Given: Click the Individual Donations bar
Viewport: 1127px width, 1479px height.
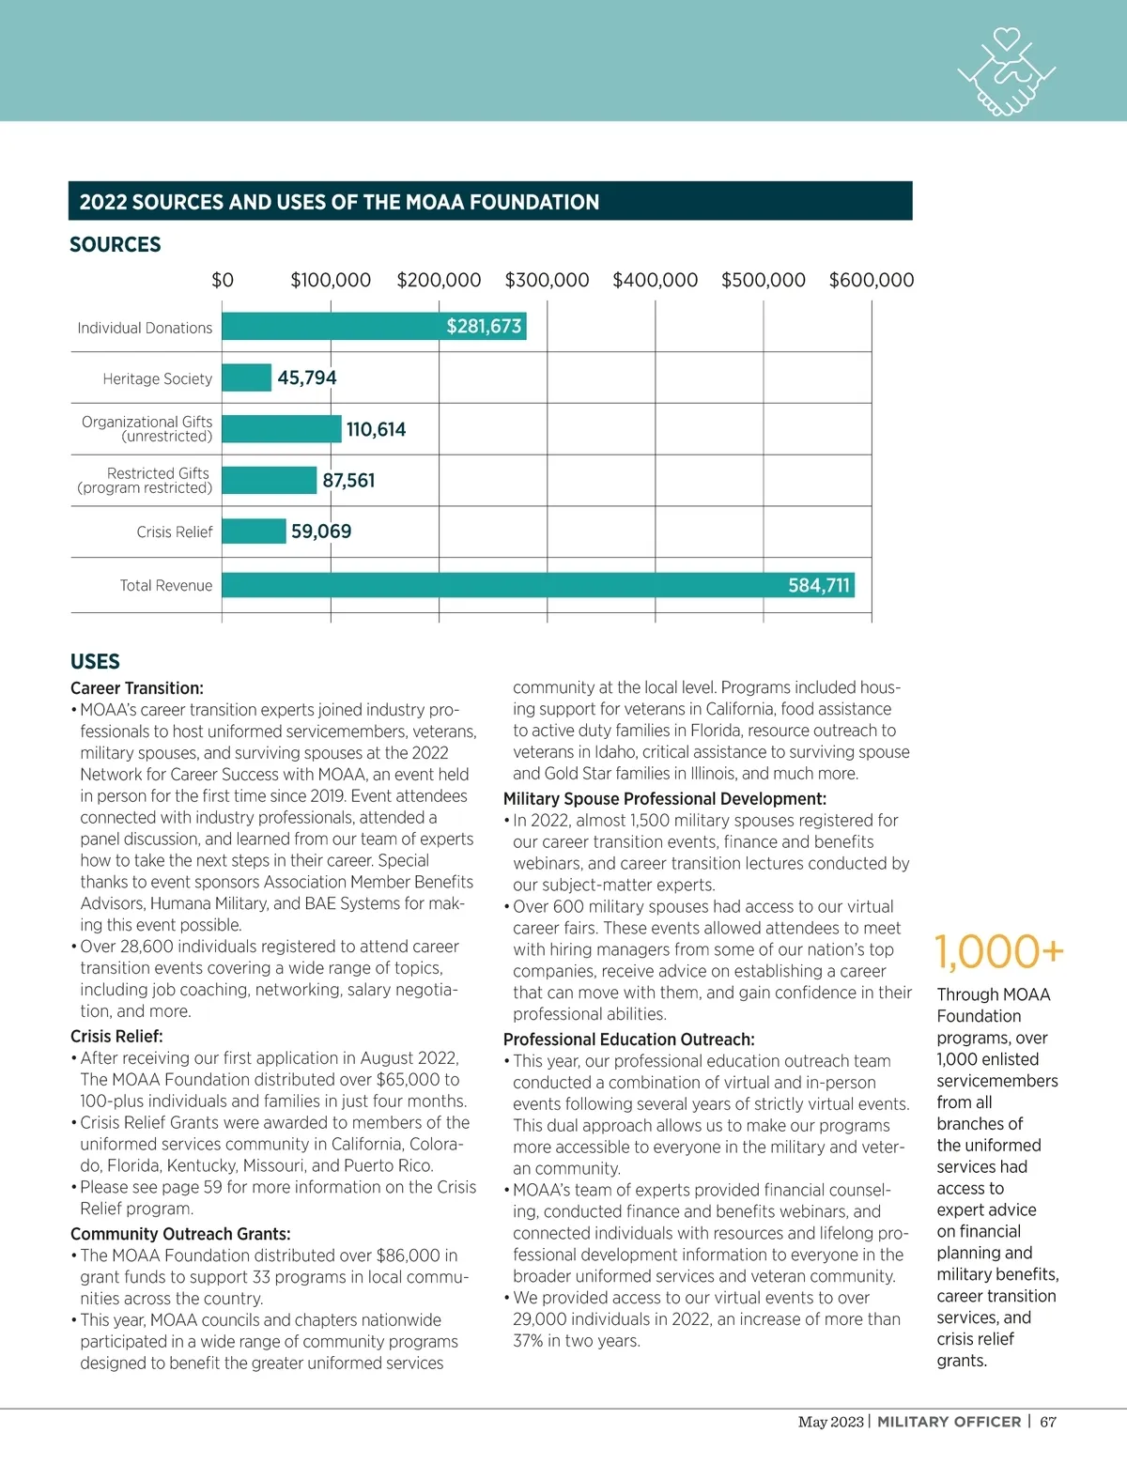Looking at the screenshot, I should point(374,326).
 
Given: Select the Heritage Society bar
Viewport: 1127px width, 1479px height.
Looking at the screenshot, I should point(246,377).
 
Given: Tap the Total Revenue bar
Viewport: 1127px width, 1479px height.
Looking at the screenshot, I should point(537,585).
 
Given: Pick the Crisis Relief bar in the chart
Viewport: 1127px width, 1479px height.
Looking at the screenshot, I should point(254,532).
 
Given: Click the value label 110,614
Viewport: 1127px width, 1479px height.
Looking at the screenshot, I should point(376,429).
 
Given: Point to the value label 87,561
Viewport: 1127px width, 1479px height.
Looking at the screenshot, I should point(348,481).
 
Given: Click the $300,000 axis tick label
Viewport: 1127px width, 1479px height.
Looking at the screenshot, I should point(547,280).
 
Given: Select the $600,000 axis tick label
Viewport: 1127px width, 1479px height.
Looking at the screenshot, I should point(871,280).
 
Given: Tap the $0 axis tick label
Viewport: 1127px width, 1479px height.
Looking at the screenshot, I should point(223,280).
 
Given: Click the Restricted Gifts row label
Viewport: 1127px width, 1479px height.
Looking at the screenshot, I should point(146,480).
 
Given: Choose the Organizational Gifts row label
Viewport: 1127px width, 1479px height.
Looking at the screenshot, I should point(147,428).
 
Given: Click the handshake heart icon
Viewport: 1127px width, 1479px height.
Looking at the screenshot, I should point(1006,71).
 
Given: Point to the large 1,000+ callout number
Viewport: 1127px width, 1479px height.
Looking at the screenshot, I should point(999,951).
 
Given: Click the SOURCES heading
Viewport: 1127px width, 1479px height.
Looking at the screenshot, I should point(116,244).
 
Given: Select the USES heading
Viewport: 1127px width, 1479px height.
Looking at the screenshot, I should point(95,661).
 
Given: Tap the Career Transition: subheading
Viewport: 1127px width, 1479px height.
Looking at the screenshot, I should point(137,688).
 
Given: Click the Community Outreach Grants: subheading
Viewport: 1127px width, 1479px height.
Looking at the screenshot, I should point(180,1234).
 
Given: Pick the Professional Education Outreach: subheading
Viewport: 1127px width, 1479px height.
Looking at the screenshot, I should point(628,1040).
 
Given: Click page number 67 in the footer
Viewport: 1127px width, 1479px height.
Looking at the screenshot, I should point(1048,1422).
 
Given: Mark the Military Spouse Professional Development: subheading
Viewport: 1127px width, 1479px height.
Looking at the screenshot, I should point(664,799).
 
